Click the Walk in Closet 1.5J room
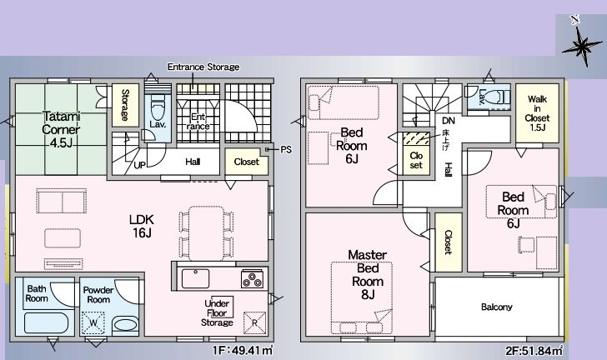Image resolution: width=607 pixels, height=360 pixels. point(537,112)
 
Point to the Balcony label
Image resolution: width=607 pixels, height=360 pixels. point(497,307)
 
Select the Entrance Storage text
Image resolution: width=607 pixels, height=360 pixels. point(203,67)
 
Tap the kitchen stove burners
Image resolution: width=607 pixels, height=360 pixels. point(251,276)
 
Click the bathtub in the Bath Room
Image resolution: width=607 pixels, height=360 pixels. point(45,322)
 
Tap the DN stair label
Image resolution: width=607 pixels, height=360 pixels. point(448,121)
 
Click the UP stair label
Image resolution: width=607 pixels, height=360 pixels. point(140,165)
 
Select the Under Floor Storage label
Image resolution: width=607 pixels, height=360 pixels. point(219,312)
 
